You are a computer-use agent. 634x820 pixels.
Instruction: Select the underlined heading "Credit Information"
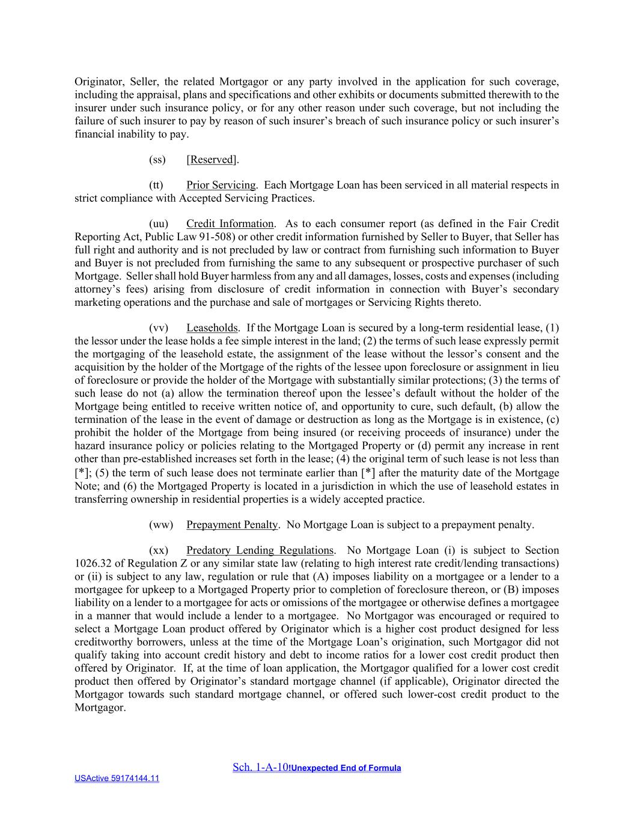tap(230, 224)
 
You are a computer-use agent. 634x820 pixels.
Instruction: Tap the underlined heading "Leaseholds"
tap(212, 328)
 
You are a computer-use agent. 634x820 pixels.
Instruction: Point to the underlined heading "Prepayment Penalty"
tap(232, 525)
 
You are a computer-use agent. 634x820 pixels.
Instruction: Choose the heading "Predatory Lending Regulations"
tap(260, 550)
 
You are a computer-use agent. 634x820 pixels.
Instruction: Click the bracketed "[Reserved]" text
tap(212, 160)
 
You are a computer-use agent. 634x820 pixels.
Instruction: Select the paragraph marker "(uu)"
tap(158, 224)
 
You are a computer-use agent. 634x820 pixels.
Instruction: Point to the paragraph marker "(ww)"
tap(160, 525)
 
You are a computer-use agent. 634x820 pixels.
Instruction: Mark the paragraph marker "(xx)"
tap(158, 550)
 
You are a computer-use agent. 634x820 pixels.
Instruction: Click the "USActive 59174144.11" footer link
tap(117, 779)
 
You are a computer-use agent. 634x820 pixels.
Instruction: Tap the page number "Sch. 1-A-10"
tap(260, 767)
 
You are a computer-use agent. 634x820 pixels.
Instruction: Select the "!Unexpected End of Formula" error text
tap(345, 768)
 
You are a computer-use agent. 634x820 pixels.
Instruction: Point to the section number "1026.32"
tap(91, 563)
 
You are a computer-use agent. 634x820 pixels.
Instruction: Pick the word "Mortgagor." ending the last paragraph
tap(100, 708)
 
